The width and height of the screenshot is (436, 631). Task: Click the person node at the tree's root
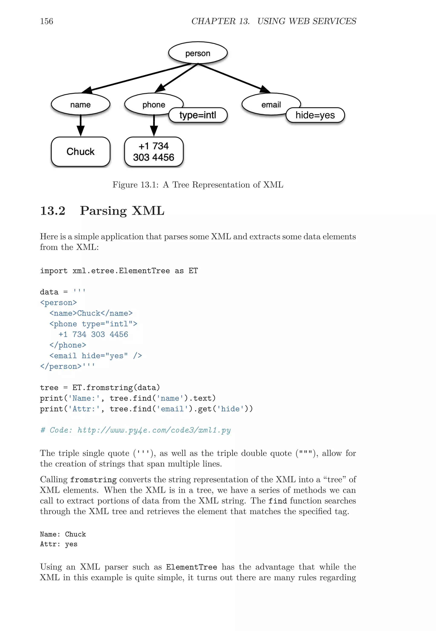[198, 53]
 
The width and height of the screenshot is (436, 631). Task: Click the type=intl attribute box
[198, 115]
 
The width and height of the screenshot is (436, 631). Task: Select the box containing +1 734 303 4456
[153, 152]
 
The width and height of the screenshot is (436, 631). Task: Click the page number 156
[46, 21]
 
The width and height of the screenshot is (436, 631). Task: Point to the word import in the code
[54, 271]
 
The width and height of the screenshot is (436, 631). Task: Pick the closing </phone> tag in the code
[68, 345]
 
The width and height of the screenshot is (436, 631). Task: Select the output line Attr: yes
[59, 544]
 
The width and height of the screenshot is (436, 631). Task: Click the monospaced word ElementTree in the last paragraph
[192, 567]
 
